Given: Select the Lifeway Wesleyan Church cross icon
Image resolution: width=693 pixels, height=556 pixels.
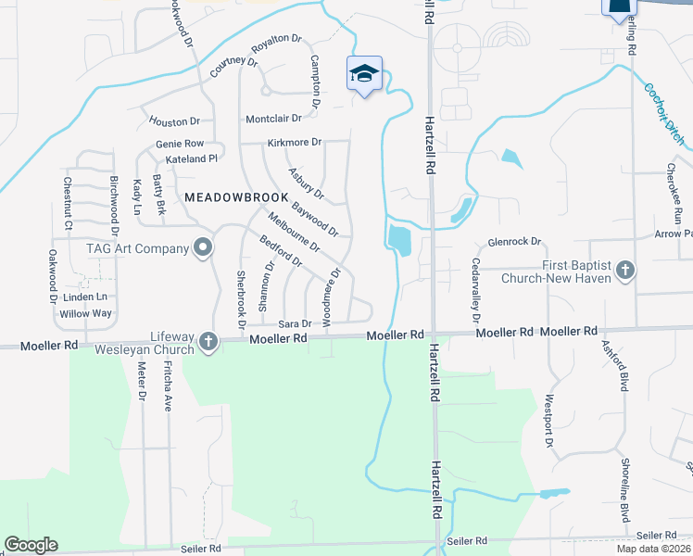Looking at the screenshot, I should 208,342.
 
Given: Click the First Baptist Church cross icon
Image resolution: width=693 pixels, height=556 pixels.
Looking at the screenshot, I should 625,271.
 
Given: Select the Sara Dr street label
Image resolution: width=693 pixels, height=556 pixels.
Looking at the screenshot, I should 293,323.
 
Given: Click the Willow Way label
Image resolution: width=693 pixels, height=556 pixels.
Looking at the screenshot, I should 85,313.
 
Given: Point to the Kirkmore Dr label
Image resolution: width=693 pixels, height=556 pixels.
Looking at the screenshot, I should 294,143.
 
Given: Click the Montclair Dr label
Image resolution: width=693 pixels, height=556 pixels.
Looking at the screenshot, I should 274,119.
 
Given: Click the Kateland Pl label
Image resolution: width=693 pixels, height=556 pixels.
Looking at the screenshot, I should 184,159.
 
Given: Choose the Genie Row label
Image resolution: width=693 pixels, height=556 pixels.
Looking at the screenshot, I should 180,144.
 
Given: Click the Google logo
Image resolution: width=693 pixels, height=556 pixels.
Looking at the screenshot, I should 31,545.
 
